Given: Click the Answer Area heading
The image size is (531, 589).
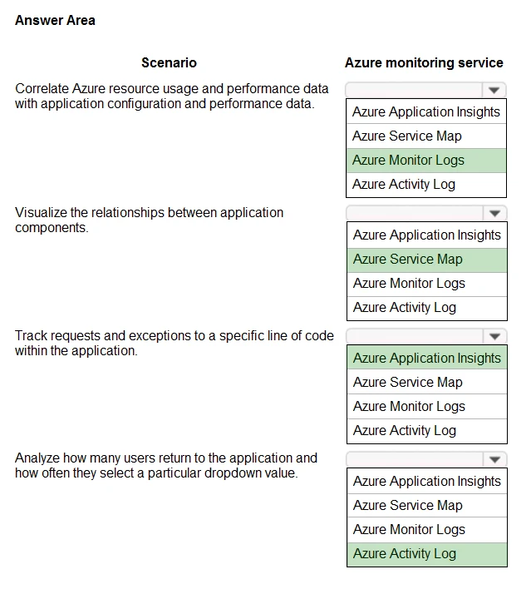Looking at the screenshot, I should tap(55, 20).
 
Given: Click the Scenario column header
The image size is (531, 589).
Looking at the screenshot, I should tap(169, 62).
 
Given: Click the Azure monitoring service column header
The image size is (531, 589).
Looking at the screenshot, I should tap(424, 62).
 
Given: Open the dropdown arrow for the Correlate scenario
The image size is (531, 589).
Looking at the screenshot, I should tap(494, 90).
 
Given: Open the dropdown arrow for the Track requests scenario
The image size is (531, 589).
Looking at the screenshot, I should tap(495, 337).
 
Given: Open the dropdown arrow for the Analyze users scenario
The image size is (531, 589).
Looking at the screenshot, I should tap(495, 459).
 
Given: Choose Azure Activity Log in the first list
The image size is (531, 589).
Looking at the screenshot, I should tap(404, 184).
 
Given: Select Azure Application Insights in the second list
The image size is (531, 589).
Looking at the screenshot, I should tap(426, 235).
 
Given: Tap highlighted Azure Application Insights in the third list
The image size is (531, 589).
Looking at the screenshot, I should tap(426, 358).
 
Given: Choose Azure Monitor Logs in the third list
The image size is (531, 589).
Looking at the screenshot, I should tap(409, 406).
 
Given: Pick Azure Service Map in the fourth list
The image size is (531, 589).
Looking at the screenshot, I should tap(407, 505).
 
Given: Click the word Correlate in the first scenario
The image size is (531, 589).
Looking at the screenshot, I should tap(41, 88).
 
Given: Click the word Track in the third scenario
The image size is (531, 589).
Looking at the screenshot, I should tap(30, 336).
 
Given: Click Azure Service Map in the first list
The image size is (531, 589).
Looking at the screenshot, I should tap(406, 136).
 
